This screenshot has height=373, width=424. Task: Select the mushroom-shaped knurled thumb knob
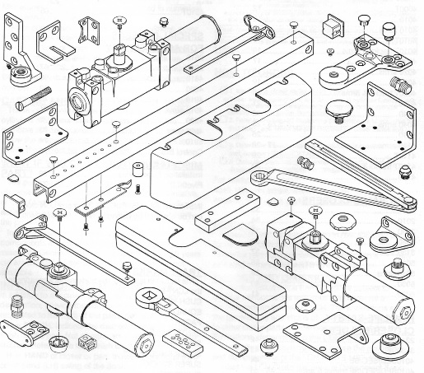point(339,108)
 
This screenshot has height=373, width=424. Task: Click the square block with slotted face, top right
point(333,26)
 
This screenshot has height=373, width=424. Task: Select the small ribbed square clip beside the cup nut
point(85,341)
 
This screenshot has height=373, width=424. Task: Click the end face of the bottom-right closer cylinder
point(404,311)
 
